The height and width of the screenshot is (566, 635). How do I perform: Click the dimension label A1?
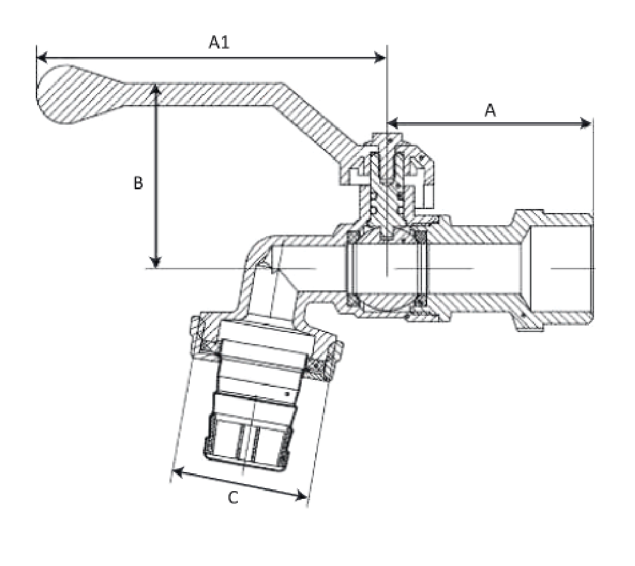[x=219, y=42]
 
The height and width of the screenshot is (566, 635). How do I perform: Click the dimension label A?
[x=490, y=110]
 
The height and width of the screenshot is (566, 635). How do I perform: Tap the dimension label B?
[x=138, y=183]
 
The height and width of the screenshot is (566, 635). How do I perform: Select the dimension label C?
[x=233, y=497]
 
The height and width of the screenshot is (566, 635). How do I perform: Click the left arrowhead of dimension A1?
[x=42, y=58]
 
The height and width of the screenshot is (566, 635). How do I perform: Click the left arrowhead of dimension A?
[x=393, y=123]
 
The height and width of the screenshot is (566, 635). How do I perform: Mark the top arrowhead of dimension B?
[x=155, y=89]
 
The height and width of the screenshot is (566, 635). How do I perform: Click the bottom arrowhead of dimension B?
[x=155, y=263]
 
